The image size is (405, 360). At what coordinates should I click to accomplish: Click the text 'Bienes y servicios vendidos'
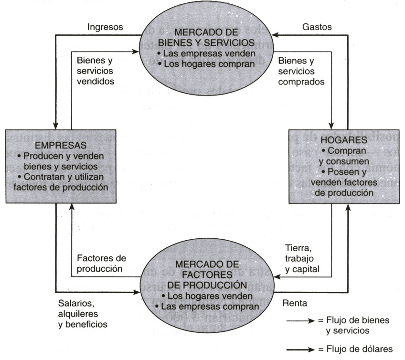(x=96, y=71)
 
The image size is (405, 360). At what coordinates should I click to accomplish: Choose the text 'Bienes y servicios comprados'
(x=302, y=71)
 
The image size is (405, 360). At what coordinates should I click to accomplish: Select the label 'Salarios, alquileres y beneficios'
(x=83, y=313)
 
